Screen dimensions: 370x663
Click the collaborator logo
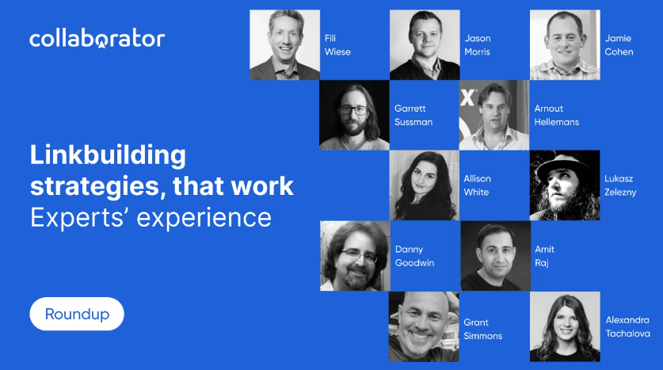[97, 38]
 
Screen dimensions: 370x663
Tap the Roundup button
[77, 314]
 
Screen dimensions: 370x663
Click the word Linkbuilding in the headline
[108, 154]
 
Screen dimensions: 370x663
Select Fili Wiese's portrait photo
[284, 44]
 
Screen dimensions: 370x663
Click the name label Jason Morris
[478, 45]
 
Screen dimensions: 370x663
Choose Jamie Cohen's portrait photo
[564, 44]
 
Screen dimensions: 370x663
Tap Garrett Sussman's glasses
[353, 112]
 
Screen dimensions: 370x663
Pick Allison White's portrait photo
[424, 185]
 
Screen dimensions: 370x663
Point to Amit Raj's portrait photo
[494, 256]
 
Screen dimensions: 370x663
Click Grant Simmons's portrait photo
[424, 326]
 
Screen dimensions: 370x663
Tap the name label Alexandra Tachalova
[627, 326]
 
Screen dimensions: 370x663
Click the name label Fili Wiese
[337, 45]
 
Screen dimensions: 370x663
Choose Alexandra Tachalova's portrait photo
[564, 326]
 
